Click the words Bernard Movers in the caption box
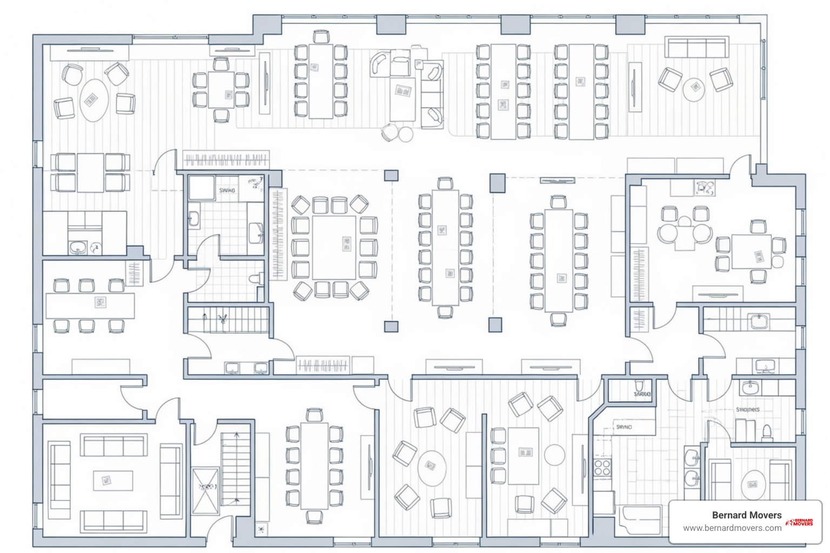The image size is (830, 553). click(746, 515)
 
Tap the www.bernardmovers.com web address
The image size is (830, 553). click(732, 528)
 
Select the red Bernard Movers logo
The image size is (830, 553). click(800, 522)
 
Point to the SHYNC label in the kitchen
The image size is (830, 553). click(624, 427)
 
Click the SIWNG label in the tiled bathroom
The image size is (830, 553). click(227, 191)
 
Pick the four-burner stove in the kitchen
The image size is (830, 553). click(602, 467)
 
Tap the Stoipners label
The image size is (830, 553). click(747, 410)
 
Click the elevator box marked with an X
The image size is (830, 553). click(205, 491)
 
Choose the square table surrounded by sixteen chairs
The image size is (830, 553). click(334, 247)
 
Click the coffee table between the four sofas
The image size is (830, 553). click(113, 480)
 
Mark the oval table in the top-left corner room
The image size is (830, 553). click(94, 100)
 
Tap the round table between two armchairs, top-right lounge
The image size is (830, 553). click(694, 89)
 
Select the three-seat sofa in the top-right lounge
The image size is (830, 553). click(697, 48)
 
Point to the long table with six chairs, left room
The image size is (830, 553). click(90, 305)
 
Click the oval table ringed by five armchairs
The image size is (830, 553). click(432, 468)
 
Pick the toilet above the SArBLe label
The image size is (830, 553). click(639, 385)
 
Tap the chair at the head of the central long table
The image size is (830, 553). click(445, 184)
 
